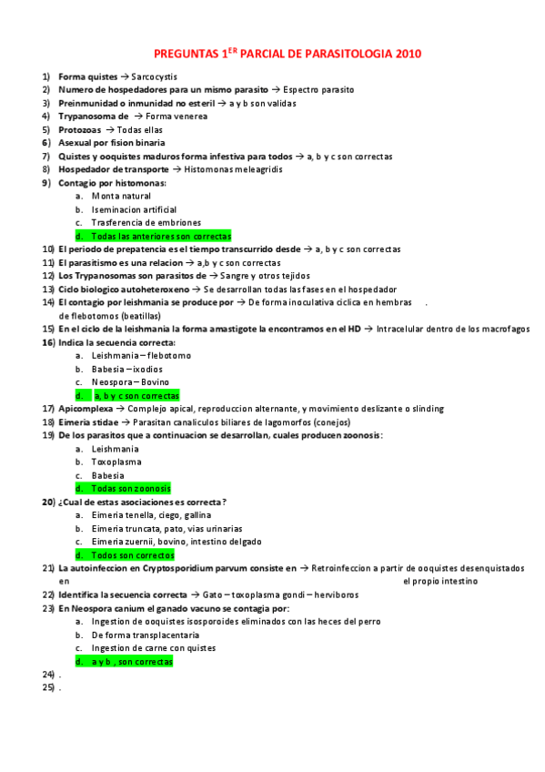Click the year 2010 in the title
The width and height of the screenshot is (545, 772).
coord(409,54)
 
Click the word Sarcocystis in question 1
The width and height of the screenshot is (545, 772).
coord(154,77)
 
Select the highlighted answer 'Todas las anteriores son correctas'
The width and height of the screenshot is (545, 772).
coord(160,236)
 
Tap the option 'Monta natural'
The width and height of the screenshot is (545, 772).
coord(121,196)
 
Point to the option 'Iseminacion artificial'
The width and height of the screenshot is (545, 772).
coord(133,209)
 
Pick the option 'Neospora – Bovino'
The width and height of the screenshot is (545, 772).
coord(130,382)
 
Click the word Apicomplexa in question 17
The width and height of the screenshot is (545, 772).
coord(86,409)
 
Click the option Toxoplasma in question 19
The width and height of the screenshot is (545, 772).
coord(116,462)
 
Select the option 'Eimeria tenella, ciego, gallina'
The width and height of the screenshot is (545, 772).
coord(146,515)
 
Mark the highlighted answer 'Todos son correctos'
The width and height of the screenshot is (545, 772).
coord(133,554)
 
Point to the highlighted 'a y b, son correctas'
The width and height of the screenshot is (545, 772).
coord(131,662)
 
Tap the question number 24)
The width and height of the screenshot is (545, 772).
coord(48,674)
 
